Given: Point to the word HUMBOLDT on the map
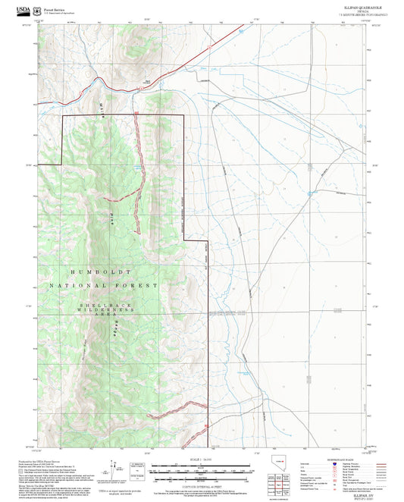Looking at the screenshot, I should (99, 271).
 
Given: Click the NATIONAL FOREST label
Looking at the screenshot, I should (103, 286).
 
